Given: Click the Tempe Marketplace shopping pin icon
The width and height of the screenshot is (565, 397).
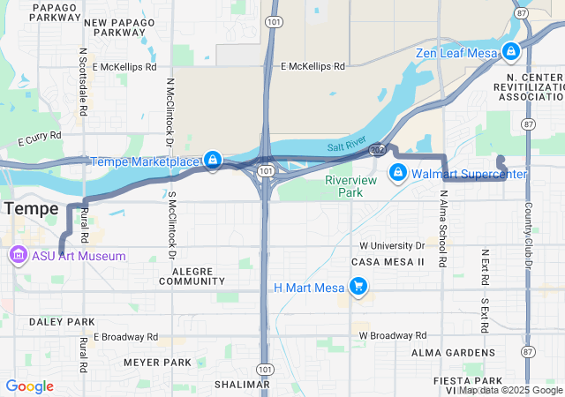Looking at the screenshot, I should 212,160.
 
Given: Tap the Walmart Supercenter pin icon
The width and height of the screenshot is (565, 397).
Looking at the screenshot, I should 398,172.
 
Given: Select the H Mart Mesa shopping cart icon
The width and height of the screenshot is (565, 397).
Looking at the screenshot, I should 358,287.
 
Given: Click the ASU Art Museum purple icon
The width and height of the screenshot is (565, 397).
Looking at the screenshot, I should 17,256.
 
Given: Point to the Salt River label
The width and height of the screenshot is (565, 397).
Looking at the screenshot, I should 345,147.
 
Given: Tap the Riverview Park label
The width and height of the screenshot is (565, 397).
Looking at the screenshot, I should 350,186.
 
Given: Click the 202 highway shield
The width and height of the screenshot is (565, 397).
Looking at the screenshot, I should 377,151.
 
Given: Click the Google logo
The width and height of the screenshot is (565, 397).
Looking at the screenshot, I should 29,386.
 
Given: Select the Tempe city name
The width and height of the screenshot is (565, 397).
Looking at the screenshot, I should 31,209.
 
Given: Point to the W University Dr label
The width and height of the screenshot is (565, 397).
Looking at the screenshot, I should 392,245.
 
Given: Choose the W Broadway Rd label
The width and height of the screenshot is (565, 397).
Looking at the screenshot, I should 392,336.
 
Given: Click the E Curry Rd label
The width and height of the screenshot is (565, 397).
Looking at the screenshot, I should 40,137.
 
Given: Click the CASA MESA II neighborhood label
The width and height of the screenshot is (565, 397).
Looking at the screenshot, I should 388,263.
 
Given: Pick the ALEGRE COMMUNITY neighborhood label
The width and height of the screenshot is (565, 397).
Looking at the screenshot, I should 191,276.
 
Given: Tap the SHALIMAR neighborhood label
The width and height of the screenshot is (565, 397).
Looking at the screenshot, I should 241,385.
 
